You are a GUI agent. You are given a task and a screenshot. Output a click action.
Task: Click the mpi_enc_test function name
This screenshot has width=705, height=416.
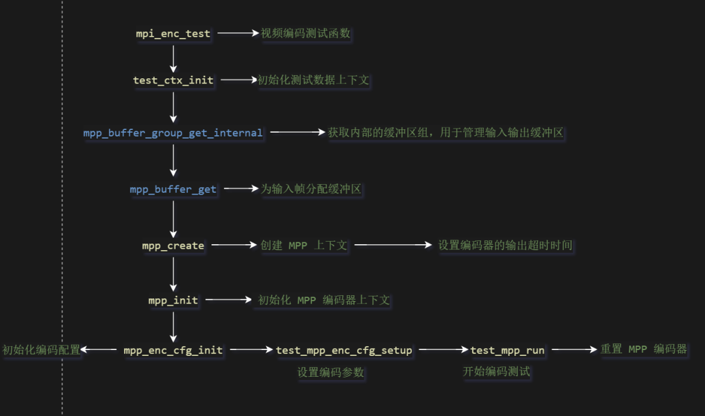tap(173, 33)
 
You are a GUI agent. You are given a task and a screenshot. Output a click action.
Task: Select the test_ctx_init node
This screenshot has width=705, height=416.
tap(173, 80)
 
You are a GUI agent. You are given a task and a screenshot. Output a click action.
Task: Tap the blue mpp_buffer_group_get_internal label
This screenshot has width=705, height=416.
tap(173, 133)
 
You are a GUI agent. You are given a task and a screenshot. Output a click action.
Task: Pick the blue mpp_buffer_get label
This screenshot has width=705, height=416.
tap(173, 189)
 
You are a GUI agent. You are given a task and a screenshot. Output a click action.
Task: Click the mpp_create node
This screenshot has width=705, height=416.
tap(173, 246)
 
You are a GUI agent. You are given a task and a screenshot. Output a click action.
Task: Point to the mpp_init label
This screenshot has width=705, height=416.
tap(173, 300)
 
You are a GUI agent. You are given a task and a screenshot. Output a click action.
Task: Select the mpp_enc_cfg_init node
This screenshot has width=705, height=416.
tap(173, 350)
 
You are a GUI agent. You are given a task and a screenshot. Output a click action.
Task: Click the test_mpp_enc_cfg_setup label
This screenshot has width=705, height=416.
tap(344, 350)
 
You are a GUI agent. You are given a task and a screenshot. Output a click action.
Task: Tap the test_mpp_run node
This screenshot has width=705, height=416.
tap(507, 350)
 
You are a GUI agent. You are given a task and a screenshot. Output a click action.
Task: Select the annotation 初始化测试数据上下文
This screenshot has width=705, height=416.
tap(313, 80)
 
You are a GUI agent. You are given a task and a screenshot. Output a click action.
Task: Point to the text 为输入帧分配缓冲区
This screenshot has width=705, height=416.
tap(311, 189)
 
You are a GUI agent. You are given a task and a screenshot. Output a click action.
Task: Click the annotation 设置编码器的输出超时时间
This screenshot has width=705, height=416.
tap(505, 246)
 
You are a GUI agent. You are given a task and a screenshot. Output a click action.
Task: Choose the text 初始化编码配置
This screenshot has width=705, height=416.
tap(41, 350)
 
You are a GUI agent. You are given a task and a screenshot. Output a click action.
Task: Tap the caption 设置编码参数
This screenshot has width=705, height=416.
tap(330, 372)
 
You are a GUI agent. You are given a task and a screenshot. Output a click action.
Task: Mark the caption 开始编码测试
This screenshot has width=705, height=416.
tap(496, 372)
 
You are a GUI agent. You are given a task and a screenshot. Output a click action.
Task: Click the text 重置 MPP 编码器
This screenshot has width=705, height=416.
tap(644, 349)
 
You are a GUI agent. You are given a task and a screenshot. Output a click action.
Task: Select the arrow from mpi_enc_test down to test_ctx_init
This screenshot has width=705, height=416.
tap(173, 57)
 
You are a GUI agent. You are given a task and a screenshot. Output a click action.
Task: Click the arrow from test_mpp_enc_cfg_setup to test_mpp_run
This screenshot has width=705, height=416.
tap(441, 350)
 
